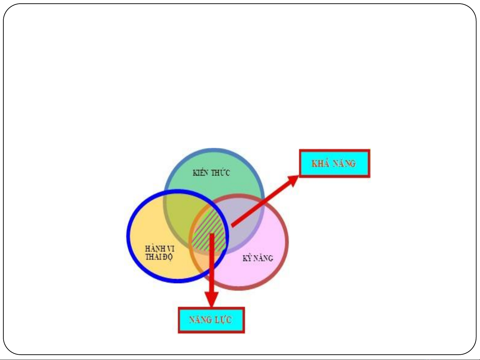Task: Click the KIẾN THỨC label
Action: pos(211,173)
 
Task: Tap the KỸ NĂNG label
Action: pos(257,258)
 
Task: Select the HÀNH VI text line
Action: pos(160,249)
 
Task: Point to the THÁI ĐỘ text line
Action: pos(159,257)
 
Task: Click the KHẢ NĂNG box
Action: pos(334,163)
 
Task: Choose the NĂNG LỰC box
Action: pos(211,320)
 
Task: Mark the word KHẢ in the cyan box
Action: pos(320,163)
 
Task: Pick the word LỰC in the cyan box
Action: pos(223,320)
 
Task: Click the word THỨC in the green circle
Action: pos(220,173)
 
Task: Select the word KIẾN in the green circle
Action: pos(201,173)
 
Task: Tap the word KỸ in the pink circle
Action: pos(247,258)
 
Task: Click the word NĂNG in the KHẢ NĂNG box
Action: pos(344,163)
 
